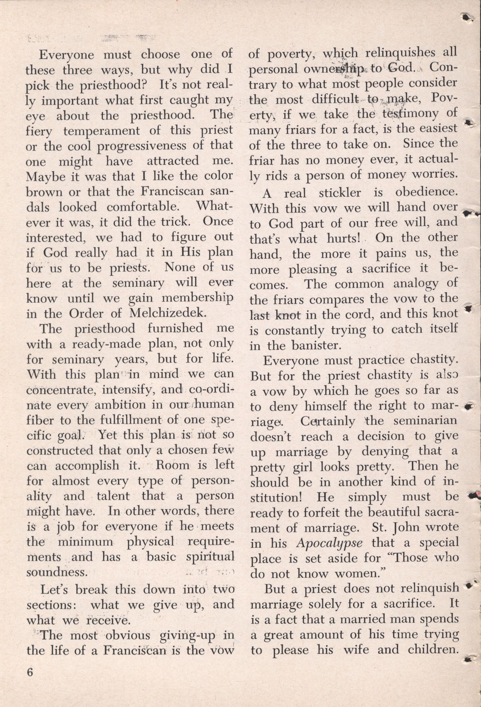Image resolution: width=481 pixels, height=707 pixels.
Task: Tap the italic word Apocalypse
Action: tap(332, 542)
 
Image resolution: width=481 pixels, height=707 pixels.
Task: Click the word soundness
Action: tap(57, 572)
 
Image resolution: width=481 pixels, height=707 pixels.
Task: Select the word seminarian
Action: tap(425, 421)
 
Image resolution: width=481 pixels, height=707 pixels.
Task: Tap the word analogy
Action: tap(413, 284)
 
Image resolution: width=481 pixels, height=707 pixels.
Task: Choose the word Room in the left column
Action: tap(172, 465)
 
